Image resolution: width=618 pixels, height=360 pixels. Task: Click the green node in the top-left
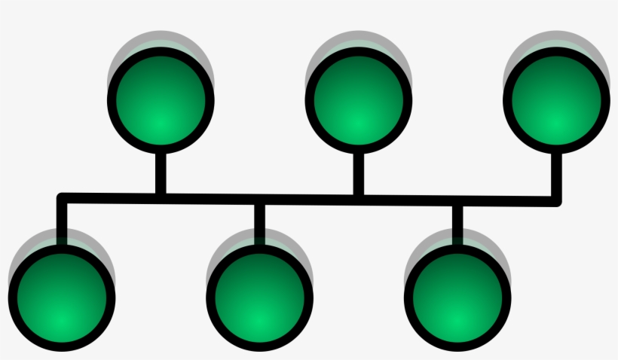point(161,100)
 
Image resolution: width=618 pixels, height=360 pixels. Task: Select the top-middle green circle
point(359,100)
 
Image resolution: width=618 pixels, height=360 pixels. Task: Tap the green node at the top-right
point(557,100)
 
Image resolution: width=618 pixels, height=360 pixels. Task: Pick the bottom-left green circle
point(63,297)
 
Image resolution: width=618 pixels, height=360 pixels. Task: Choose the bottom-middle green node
point(260,297)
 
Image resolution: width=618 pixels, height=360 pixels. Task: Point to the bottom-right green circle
point(457,297)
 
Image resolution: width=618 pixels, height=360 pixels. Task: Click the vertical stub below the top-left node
point(161,172)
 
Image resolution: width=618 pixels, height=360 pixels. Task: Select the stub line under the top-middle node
point(359,172)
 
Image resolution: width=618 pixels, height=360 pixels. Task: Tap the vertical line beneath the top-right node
point(557,175)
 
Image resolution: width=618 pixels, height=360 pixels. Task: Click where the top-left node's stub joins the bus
point(161,197)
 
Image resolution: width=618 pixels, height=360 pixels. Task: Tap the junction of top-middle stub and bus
point(359,199)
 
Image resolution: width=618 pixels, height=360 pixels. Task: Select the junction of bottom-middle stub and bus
point(260,199)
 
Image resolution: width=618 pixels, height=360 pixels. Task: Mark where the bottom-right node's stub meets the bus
point(457,200)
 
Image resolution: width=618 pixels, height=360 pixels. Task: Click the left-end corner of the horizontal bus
point(63,197)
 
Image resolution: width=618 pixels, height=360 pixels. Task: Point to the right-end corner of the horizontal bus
point(557,201)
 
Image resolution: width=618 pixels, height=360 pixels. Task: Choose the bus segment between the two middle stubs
point(309,199)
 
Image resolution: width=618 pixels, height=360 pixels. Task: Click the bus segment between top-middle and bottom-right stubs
point(408,200)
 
